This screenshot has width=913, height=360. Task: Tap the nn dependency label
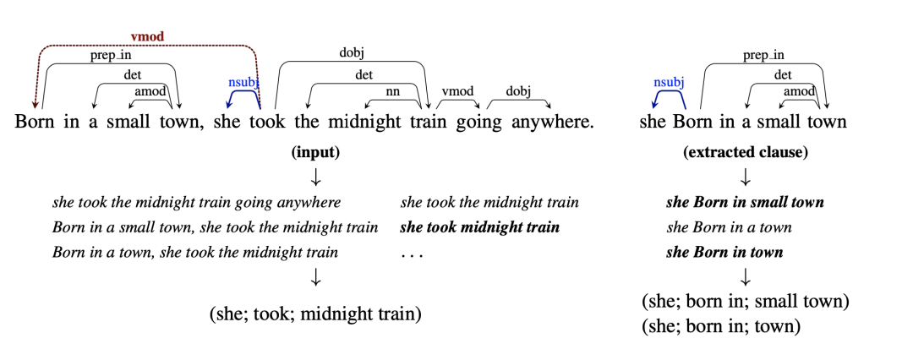(391, 91)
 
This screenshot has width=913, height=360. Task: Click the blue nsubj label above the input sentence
(244, 82)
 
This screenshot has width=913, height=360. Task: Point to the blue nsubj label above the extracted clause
(668, 82)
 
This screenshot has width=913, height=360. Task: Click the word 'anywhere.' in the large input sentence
(550, 122)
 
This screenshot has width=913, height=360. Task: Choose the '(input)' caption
(315, 153)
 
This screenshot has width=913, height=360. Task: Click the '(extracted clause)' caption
(745, 153)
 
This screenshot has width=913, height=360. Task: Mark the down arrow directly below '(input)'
(315, 177)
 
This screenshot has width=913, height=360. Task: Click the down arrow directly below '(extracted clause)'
(745, 177)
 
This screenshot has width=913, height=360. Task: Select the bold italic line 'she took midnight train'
(479, 227)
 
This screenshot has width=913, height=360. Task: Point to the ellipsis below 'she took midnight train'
(411, 253)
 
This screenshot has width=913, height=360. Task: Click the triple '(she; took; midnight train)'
(315, 314)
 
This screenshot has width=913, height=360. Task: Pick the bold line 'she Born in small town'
(745, 203)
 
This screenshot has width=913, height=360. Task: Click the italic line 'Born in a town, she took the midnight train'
(195, 253)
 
